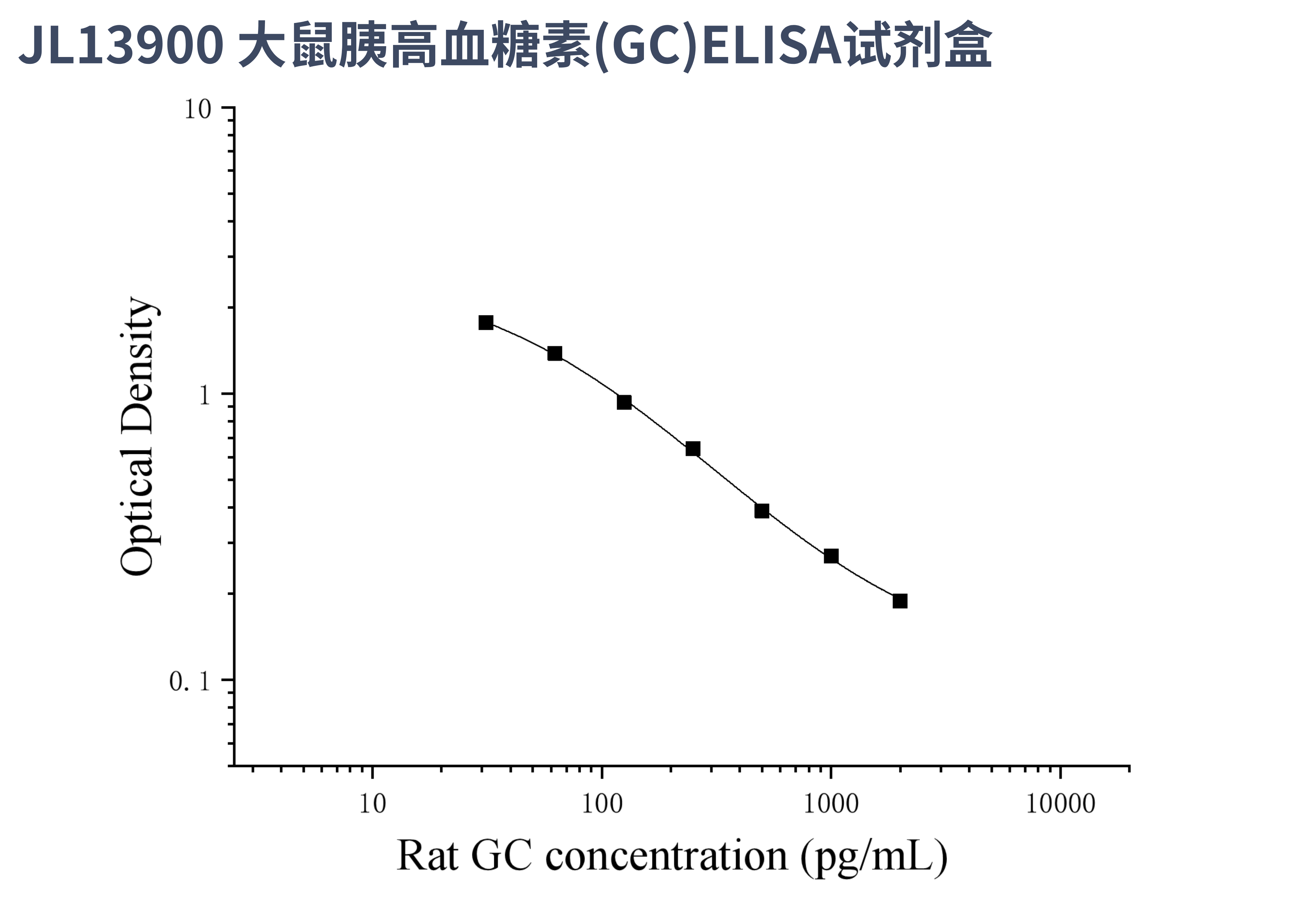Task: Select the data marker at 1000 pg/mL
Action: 831,556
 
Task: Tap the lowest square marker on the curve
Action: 900,601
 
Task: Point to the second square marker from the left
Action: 554,353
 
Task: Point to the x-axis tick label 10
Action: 372,804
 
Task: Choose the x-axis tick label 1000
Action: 831,804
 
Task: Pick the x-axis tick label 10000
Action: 1060,804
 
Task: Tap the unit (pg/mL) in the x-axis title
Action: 874,857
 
